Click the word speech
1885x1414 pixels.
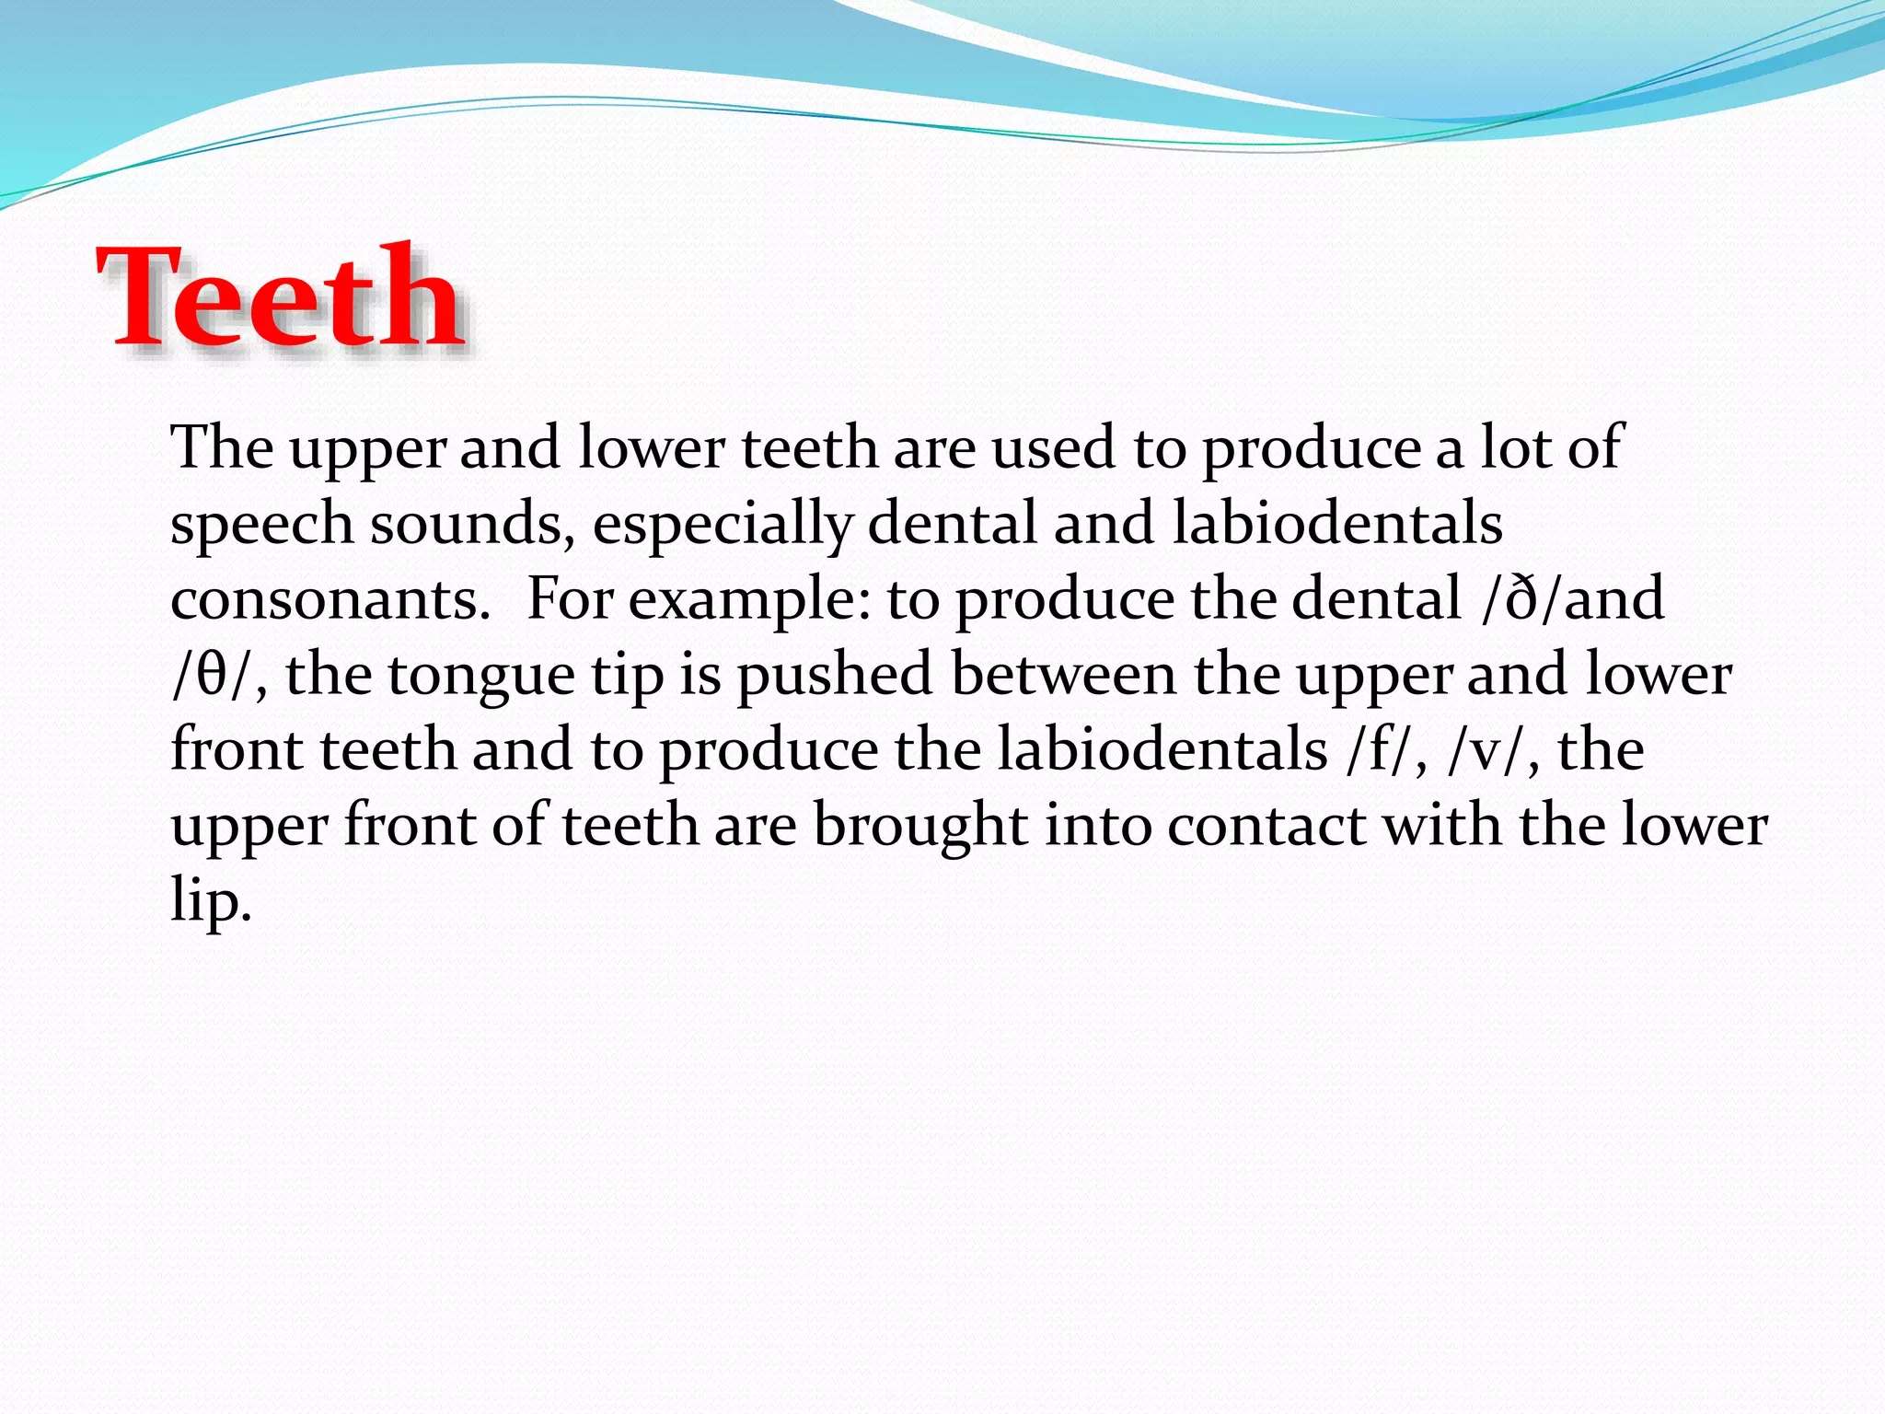click(x=261, y=525)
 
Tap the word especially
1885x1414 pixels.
click(x=722, y=525)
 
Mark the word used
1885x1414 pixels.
click(x=1054, y=449)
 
